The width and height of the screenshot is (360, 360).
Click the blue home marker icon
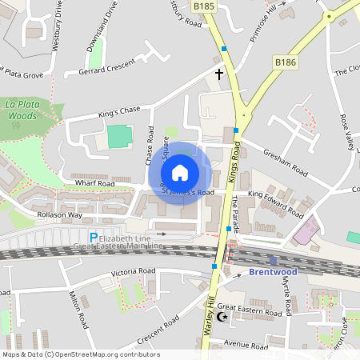pos(180,172)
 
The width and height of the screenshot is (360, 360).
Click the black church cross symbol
pos(219,74)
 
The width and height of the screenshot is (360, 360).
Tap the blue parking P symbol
pos(93,237)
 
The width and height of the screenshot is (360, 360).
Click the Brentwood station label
pos(274,272)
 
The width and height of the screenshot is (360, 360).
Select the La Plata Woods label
pos(24,110)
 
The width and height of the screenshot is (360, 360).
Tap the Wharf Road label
pos(95,183)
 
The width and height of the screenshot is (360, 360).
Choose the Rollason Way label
pos(59,215)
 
